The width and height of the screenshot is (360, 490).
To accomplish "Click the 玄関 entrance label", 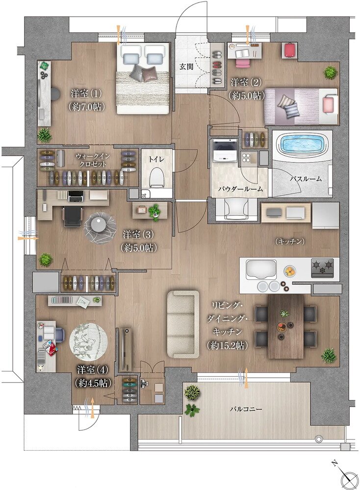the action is pos(186,67).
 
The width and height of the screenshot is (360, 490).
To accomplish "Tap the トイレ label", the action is pos(156,159).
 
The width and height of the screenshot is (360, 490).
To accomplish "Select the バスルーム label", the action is pos(305,179).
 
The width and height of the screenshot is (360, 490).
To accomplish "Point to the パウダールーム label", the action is pos(240,189).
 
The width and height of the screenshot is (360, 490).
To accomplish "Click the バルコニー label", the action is pos(246,409).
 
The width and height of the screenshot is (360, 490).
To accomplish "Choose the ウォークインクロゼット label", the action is pos(91,160).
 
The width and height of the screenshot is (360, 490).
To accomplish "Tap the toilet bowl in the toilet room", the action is pos(156,178).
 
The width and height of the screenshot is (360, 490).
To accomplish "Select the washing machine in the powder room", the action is pos(225,150).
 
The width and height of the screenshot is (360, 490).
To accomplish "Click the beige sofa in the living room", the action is pos(183,324).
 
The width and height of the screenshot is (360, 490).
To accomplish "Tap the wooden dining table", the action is pos(285,326).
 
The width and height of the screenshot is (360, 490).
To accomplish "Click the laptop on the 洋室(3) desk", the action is pos(76,196).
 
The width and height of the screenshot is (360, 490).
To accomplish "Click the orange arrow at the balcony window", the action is pos(247,378).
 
